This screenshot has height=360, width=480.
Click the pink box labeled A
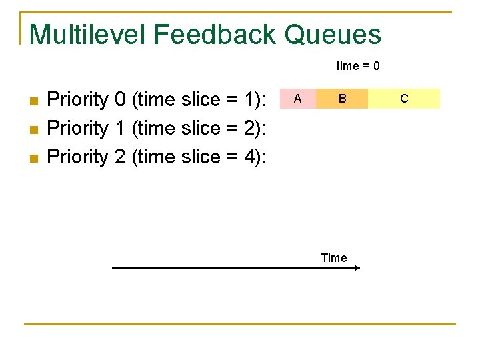click(297, 99)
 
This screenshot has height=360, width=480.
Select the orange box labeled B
click(342, 99)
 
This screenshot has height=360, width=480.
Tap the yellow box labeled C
click(404, 99)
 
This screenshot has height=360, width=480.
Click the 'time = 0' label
click(358, 66)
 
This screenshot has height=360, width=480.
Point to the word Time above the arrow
click(334, 258)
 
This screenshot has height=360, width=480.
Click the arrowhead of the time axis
click(357, 268)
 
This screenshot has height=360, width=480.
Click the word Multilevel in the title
click(85, 35)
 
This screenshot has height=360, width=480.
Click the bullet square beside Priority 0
click(35, 101)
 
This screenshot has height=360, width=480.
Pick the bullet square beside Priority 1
click(35, 130)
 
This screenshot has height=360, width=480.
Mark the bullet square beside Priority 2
click(35, 159)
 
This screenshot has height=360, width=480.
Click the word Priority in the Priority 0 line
click(78, 99)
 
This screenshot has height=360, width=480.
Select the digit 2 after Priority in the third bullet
click(121, 157)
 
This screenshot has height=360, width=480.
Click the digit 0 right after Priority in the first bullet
click(121, 99)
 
